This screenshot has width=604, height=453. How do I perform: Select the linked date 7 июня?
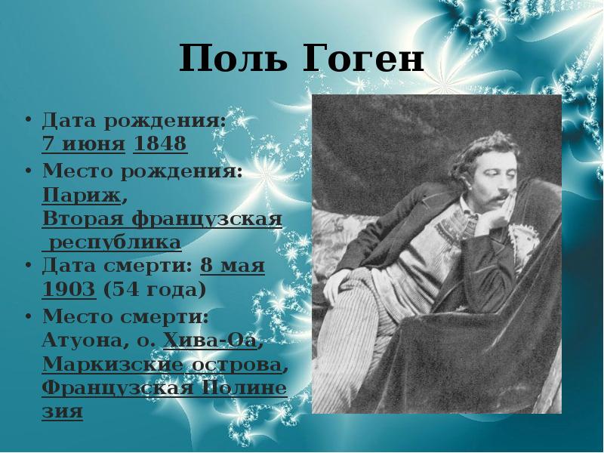(x=83, y=144)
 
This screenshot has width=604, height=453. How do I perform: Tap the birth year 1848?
(x=160, y=144)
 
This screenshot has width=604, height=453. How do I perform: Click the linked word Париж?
(x=82, y=195)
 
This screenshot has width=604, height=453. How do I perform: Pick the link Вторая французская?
(x=162, y=219)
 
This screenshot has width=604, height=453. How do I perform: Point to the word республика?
(x=114, y=243)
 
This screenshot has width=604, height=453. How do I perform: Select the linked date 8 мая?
(x=233, y=267)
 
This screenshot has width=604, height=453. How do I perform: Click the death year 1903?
(x=69, y=291)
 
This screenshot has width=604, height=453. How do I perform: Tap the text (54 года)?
(x=155, y=291)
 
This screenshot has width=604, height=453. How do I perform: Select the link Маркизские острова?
(x=162, y=364)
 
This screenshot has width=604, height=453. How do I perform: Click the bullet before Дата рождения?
(x=28, y=121)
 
